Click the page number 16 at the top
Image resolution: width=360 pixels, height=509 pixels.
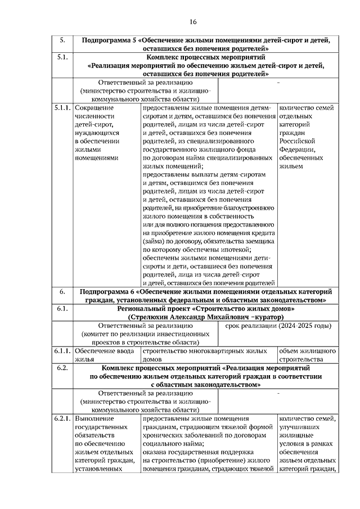click(193, 22)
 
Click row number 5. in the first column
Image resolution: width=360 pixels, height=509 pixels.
click(62, 40)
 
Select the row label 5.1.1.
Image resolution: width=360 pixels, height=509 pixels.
click(62, 107)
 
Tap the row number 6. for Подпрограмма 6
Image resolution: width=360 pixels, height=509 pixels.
click(62, 292)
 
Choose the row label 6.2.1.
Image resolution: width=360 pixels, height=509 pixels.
click(62, 419)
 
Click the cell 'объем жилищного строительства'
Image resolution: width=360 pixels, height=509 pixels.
click(308, 355)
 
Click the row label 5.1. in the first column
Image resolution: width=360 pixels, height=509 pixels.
click(62, 57)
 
